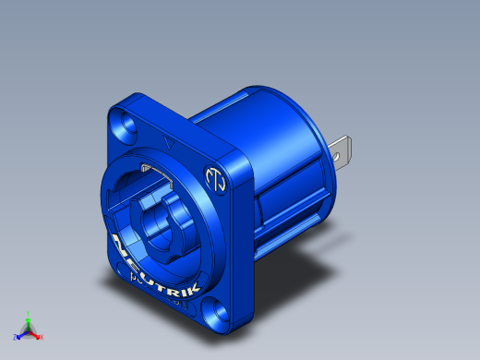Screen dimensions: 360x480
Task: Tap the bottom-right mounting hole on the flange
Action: [218, 311]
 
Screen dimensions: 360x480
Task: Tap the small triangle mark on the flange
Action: [167, 143]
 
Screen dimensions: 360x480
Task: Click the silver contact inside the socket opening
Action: [149, 169]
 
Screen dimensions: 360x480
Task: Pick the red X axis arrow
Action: [36, 334]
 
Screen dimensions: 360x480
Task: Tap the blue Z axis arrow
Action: [21, 334]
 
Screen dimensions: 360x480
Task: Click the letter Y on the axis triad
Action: [29, 313]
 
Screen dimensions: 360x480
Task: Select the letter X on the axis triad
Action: [42, 337]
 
